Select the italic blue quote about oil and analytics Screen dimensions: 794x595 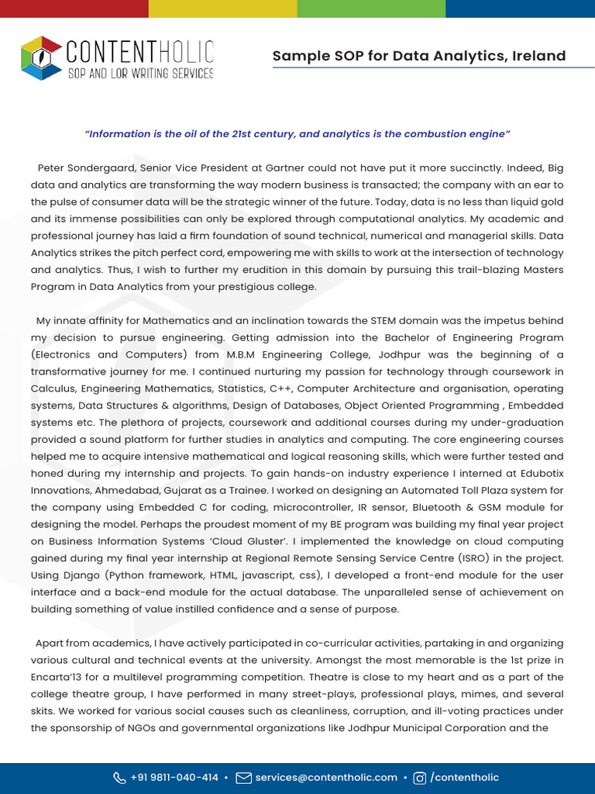click(297, 134)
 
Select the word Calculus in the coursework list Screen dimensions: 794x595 click(52, 389)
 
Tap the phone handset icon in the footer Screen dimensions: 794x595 click(119, 778)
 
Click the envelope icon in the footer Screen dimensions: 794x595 click(243, 778)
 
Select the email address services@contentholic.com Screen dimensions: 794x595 click(326, 778)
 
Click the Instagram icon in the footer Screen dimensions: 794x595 click(420, 778)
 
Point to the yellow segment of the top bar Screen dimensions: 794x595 click(222, 9)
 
